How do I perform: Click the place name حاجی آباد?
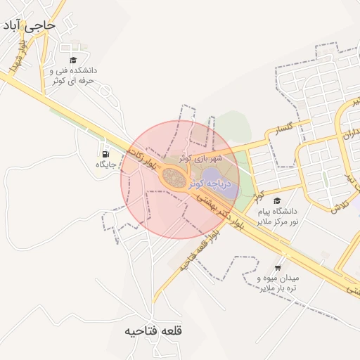click(29, 27)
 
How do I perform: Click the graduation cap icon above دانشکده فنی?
click(73, 60)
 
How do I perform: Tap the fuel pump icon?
click(105, 154)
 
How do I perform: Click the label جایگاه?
click(105, 165)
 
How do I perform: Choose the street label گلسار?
click(289, 128)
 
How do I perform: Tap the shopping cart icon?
click(277, 268)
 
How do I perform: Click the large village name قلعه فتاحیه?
click(153, 330)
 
